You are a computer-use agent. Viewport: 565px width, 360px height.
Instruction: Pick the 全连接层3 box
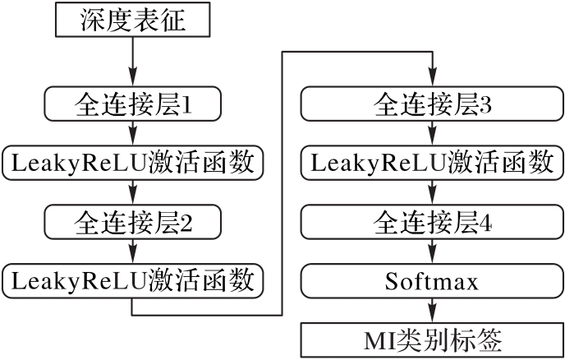pos(432,104)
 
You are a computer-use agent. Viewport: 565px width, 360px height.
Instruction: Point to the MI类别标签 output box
pos(432,339)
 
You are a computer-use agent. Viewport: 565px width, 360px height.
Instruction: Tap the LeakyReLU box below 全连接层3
pos(432,163)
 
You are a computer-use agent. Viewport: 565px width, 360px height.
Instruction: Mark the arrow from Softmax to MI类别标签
pos(432,310)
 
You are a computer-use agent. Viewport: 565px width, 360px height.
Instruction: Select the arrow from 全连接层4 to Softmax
pos(432,252)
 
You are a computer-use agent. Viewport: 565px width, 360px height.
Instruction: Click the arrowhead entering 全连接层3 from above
pos(432,81)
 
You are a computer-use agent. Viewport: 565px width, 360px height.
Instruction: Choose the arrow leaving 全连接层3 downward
pos(432,133)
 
